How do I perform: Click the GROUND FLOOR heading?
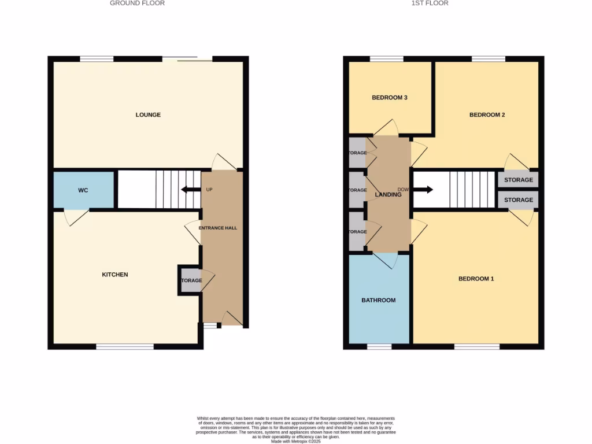[137, 3]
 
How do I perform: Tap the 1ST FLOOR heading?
[430, 3]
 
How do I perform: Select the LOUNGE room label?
[148, 115]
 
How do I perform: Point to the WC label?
[83, 190]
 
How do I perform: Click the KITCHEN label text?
[115, 275]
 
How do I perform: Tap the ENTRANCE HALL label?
[218, 228]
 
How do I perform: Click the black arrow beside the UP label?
[189, 190]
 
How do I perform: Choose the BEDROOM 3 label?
[389, 98]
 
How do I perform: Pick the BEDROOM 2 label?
[487, 115]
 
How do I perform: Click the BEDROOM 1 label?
[476, 279]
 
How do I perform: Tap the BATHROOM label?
[379, 301]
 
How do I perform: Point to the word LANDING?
[388, 195]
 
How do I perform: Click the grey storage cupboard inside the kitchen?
[190, 280]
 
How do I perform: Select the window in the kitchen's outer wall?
[124, 347]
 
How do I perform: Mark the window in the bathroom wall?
[379, 347]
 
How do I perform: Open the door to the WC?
[75, 216]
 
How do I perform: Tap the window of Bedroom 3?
[386, 58]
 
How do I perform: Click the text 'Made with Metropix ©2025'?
[295, 441]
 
